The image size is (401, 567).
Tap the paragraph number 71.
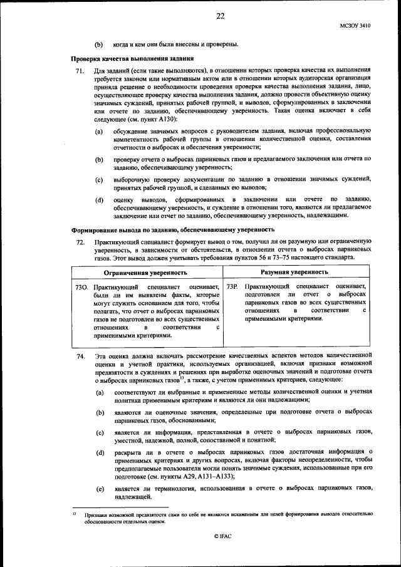80,73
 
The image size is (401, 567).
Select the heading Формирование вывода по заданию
160,229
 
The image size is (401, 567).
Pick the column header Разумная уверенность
294,273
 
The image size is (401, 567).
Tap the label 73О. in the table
81,287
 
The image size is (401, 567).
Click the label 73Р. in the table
232,287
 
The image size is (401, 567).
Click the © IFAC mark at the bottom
223,536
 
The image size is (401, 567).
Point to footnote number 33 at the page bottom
73,512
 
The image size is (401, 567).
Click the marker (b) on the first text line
98,44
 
